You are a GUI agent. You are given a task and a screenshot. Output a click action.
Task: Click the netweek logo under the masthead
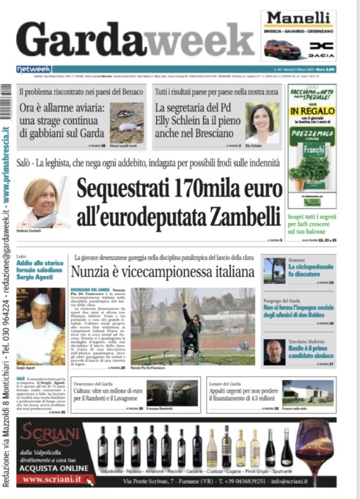coord(34,69)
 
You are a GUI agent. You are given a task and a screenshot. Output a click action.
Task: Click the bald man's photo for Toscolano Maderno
coord(275,351)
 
